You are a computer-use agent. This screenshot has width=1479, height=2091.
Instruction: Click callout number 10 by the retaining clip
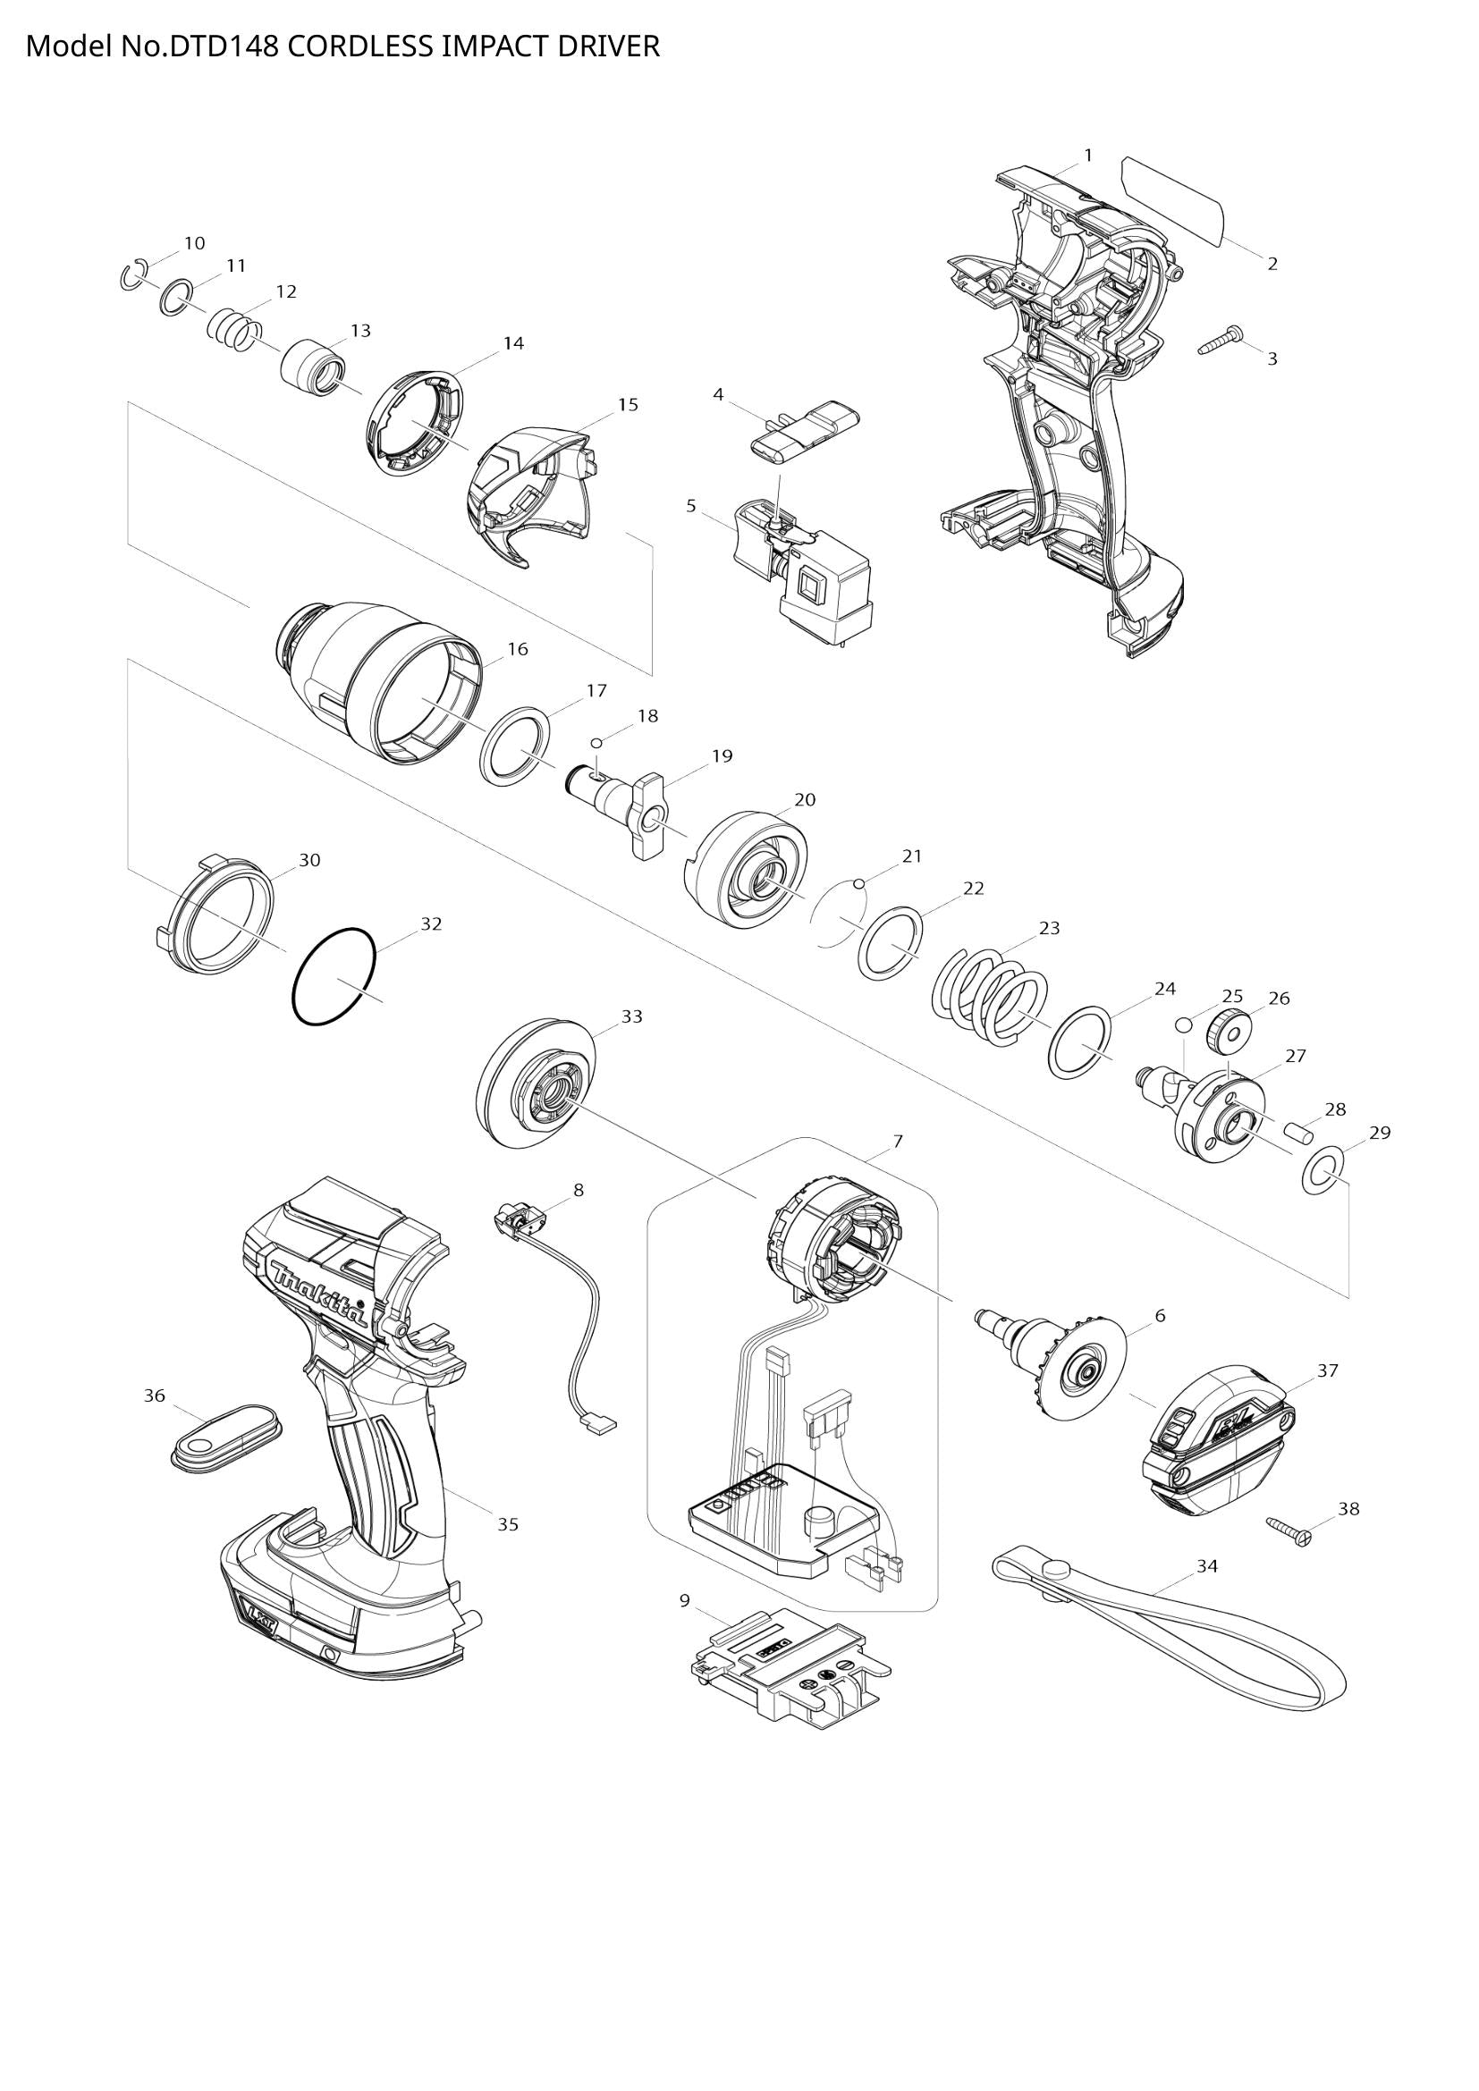point(194,243)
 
